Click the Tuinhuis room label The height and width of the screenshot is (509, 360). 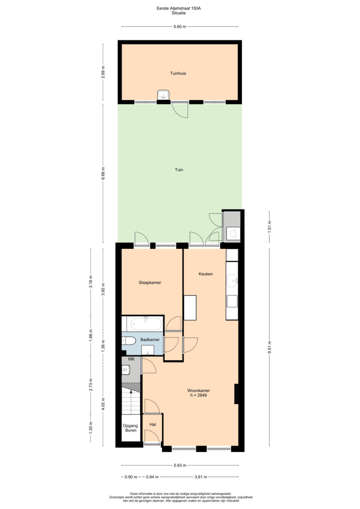[178, 73]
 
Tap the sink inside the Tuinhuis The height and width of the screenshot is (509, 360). [163, 95]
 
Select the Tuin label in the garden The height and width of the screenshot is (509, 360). [179, 170]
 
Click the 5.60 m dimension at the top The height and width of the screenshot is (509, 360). [180, 27]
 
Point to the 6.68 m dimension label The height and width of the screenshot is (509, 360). [103, 174]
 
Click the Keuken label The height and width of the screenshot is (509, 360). [205, 274]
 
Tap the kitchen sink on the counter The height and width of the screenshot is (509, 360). [232, 281]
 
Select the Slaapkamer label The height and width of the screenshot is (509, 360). [150, 283]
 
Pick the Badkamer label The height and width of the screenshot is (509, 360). [150, 340]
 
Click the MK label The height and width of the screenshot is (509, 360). [131, 359]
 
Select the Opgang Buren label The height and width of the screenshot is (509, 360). [130, 428]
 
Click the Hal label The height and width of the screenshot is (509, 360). [153, 424]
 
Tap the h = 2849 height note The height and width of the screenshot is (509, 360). [198, 395]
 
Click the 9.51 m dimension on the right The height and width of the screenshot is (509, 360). [270, 347]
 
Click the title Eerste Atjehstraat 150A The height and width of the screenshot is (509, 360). [179, 8]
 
